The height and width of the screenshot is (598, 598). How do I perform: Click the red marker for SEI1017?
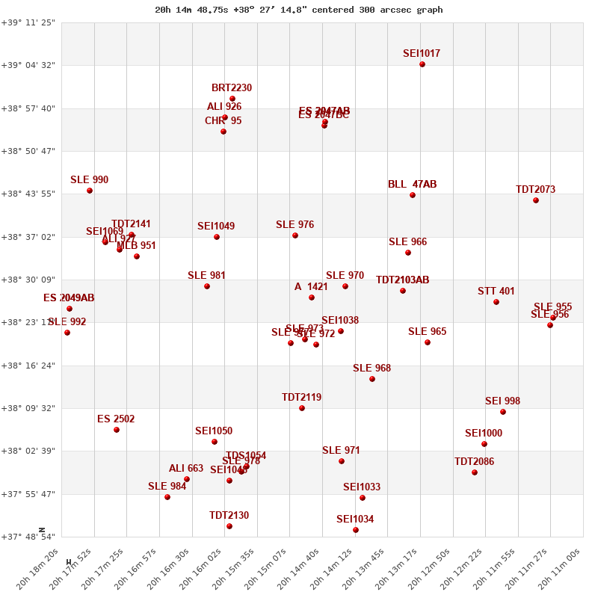pyautogui.click(x=422, y=64)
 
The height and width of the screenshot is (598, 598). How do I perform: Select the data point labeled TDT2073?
pyautogui.click(x=536, y=200)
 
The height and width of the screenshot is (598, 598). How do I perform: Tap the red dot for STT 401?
pyautogui.click(x=496, y=302)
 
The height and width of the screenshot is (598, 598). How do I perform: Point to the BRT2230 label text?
pyautogui.click(x=232, y=88)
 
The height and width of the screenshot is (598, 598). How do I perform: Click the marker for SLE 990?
pyautogui.click(x=90, y=191)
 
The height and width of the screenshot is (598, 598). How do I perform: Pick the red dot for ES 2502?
pyautogui.click(x=117, y=430)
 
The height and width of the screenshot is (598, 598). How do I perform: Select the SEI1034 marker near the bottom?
pyautogui.click(x=356, y=530)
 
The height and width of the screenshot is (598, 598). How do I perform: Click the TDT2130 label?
pyautogui.click(x=229, y=516)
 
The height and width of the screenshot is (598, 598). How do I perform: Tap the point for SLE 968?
pyautogui.click(x=372, y=379)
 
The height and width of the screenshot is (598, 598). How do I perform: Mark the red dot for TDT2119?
pyautogui.click(x=302, y=408)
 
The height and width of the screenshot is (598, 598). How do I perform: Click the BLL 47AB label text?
pyautogui.click(x=413, y=185)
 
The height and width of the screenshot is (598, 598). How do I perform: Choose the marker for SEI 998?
pyautogui.click(x=503, y=412)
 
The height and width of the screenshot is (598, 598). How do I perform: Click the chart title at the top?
pyautogui.click(x=299, y=10)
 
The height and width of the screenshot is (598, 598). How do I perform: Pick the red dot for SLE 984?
pyautogui.click(x=167, y=497)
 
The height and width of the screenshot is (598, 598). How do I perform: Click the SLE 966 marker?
pyautogui.click(x=408, y=253)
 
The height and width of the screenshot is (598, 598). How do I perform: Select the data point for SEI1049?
pyautogui.click(x=217, y=237)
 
